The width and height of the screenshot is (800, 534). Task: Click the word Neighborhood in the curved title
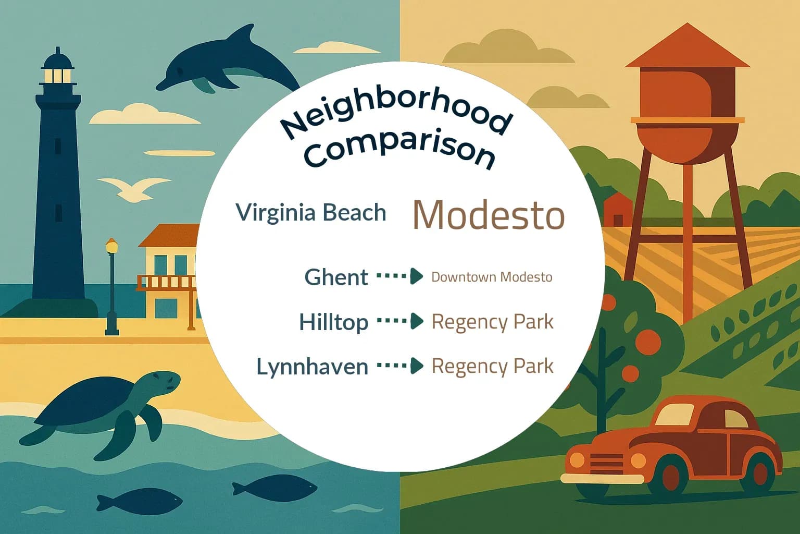[x=396, y=112]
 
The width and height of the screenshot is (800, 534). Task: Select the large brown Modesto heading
[x=488, y=214]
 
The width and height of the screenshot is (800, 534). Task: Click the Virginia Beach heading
[x=311, y=213]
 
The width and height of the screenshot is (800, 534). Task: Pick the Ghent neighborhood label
[x=336, y=277]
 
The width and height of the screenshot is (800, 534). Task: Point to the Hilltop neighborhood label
[x=333, y=322]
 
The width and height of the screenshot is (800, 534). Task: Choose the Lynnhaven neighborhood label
[x=312, y=367]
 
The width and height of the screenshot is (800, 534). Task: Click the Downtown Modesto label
[x=492, y=277]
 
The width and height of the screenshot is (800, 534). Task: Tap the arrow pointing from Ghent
[x=399, y=276]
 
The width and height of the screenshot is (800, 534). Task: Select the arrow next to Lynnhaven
[x=399, y=366]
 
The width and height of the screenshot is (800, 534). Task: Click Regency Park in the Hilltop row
[x=492, y=322]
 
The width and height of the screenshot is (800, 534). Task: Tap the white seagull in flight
[x=134, y=189]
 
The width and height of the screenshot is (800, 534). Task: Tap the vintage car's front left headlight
[x=577, y=460]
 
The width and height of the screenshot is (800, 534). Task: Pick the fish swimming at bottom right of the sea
[x=274, y=487]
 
